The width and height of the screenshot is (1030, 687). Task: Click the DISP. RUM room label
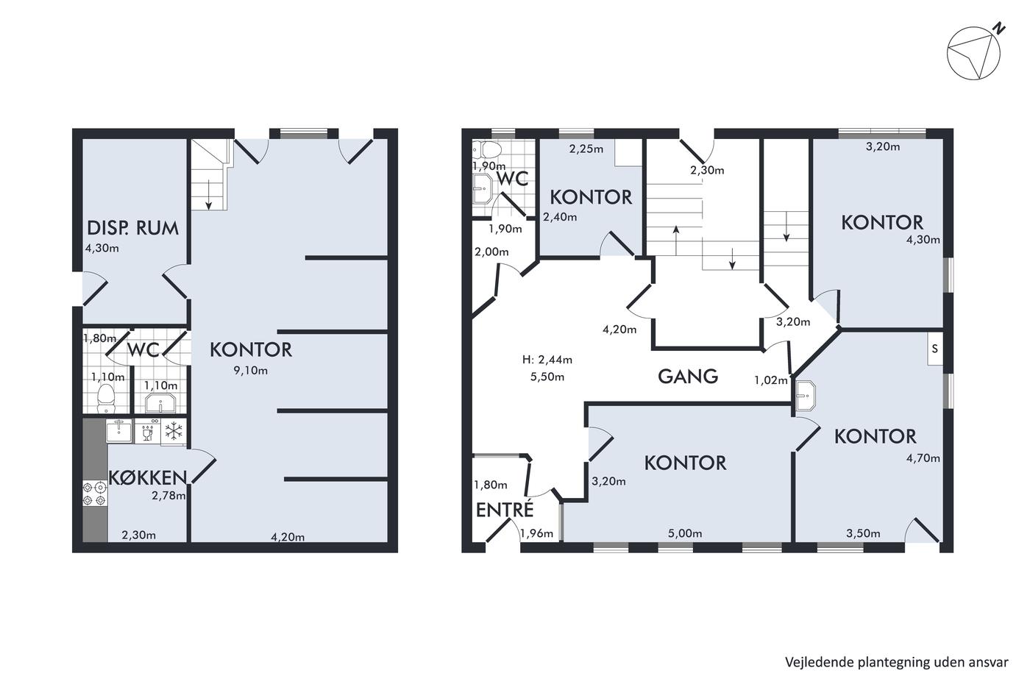pyautogui.click(x=132, y=228)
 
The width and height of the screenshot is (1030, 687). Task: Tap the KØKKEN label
pyautogui.click(x=148, y=478)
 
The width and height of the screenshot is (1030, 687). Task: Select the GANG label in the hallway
pyautogui.click(x=688, y=377)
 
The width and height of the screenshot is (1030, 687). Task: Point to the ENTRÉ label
pyautogui.click(x=505, y=510)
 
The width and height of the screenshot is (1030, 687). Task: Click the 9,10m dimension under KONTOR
pyautogui.click(x=251, y=371)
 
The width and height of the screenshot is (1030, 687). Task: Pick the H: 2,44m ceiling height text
pyautogui.click(x=547, y=360)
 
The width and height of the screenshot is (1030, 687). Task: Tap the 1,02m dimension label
pyautogui.click(x=771, y=380)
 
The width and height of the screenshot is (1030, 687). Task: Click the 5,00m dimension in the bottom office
pyautogui.click(x=685, y=533)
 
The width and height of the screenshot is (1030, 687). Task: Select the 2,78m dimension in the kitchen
pyautogui.click(x=168, y=496)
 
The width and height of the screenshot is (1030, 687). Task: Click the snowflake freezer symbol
pyautogui.click(x=174, y=431)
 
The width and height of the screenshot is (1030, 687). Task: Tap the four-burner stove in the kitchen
pyautogui.click(x=95, y=494)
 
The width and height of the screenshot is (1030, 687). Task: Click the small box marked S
pyautogui.click(x=935, y=349)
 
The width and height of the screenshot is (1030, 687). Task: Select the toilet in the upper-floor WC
pyautogui.click(x=487, y=149)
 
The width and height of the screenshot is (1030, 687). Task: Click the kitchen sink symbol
pyautogui.click(x=118, y=431)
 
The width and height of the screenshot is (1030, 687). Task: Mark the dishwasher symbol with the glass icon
pyautogui.click(x=147, y=431)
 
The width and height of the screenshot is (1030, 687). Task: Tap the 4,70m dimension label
pyautogui.click(x=923, y=458)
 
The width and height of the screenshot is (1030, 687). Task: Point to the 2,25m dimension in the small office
pyautogui.click(x=586, y=149)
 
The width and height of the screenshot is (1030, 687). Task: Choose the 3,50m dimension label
pyautogui.click(x=863, y=533)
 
